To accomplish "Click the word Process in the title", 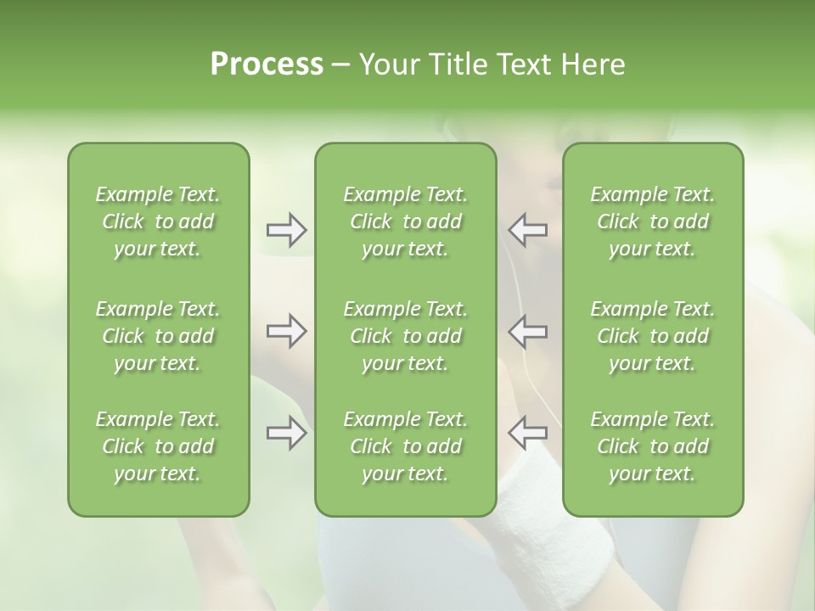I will pyautogui.click(x=267, y=64).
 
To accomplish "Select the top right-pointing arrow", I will pyautogui.click(x=286, y=230).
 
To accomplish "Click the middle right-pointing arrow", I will pyautogui.click(x=286, y=331).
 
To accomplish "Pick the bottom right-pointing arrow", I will pyautogui.click(x=286, y=433).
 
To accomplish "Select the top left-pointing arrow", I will pyautogui.click(x=527, y=230).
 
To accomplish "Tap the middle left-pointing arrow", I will pyautogui.click(x=527, y=331).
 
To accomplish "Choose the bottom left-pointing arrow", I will pyautogui.click(x=527, y=433).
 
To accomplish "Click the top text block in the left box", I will pyautogui.click(x=158, y=221).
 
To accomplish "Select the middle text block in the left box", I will pyautogui.click(x=158, y=336).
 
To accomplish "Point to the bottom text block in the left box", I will pyautogui.click(x=158, y=446).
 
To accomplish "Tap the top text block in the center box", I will pyautogui.click(x=406, y=221).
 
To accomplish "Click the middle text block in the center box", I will pyautogui.click(x=406, y=336).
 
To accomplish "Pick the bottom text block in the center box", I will pyautogui.click(x=406, y=446).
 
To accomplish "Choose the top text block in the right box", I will pyautogui.click(x=653, y=221).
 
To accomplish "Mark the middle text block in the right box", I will pyautogui.click(x=653, y=336).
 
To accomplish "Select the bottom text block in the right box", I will pyautogui.click(x=653, y=446).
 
